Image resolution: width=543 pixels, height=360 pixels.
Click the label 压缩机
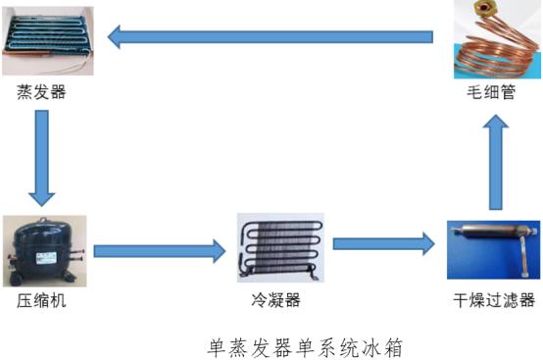42,300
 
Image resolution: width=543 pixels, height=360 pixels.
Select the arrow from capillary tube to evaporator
270,38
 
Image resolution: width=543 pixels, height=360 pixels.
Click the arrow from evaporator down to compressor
41,152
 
